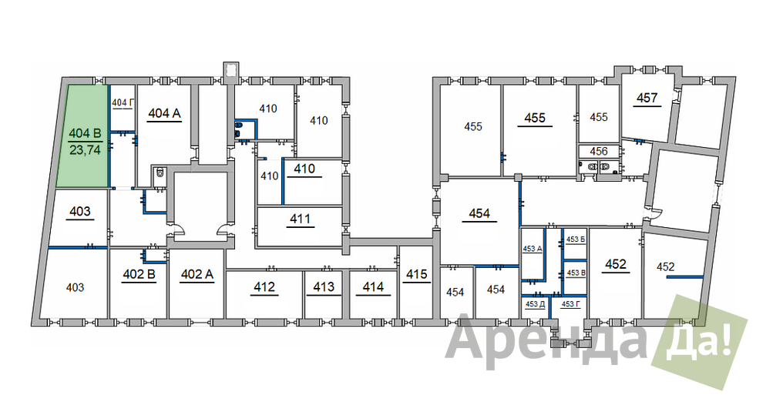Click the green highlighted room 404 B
pos(82,136)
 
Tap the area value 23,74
pos(85,150)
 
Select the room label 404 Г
pos(123,102)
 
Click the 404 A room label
pos(165,113)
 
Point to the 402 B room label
pos(139,274)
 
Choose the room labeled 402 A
pos(197,274)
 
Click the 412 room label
pos(264,286)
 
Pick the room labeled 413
pos(324,286)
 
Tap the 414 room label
pos(373,286)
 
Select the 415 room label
pos(417,273)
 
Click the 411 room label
pos(301,218)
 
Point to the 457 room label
pos(647,98)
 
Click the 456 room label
pos(599,151)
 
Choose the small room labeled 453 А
pos(533,249)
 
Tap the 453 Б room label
pos(576,239)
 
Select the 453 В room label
pos(576,273)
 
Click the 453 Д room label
pos(535,304)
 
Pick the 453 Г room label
pos(571,304)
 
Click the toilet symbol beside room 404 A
pos(160,174)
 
